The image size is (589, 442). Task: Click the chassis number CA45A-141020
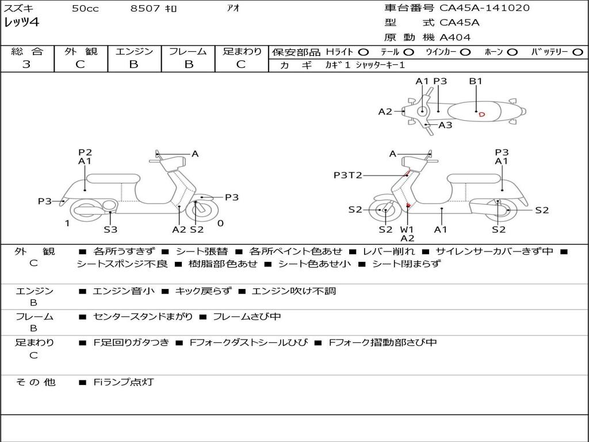coord(484,8)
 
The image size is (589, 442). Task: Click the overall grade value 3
coord(26,64)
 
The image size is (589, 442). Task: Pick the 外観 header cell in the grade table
coord(81,52)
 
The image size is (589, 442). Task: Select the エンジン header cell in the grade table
coord(134,52)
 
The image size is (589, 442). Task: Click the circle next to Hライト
coord(364,52)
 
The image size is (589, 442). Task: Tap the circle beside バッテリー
coord(577,52)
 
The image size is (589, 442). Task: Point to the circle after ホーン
coord(512,52)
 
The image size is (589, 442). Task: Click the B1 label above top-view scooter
coord(476,81)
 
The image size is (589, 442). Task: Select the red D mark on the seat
coord(481,114)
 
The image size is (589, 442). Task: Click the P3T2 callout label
coord(348,175)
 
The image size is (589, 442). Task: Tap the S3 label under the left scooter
coord(110,230)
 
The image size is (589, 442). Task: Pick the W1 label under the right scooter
coord(407,230)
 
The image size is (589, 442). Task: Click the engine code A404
coord(455,37)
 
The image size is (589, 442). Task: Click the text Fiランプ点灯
coord(123,382)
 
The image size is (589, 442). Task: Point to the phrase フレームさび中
coord(247,317)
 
